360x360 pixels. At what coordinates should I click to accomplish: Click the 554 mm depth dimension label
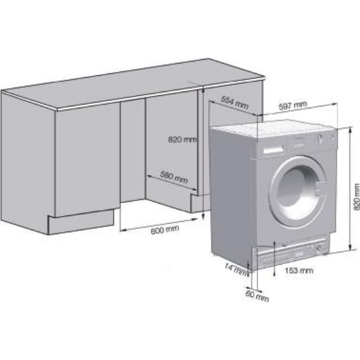(234, 102)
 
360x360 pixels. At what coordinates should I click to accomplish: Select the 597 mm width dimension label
(293, 105)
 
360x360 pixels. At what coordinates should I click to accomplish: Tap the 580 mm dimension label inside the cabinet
(174, 177)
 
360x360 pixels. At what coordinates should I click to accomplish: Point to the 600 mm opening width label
(165, 230)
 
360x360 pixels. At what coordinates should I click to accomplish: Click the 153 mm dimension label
(299, 270)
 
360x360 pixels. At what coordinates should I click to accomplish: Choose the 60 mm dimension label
(257, 296)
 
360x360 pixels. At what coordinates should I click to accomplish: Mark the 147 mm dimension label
(236, 270)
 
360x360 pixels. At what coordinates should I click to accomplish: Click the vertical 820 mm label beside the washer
(356, 197)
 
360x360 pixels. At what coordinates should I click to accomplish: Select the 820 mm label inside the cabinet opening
(182, 139)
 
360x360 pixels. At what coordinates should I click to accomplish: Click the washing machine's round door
(298, 192)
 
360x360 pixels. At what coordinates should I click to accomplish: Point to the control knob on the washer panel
(319, 139)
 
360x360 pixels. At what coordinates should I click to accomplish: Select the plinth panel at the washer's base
(291, 252)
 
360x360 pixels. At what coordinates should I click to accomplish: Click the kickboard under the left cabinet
(81, 222)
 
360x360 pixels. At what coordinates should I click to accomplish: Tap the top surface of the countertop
(133, 83)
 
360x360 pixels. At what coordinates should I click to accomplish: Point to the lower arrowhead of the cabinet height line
(203, 216)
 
